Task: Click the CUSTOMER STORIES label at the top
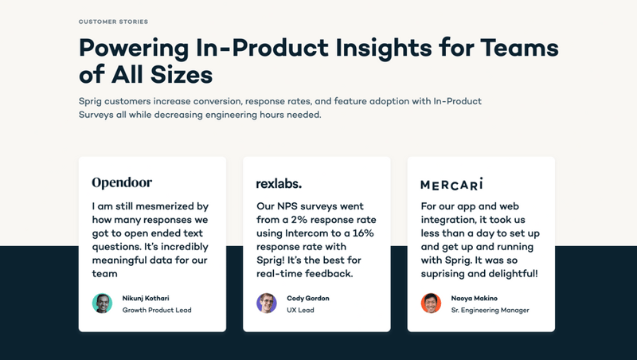click(x=113, y=22)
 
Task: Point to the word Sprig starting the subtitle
click(x=92, y=102)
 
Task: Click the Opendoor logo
click(x=122, y=183)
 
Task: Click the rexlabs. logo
click(x=279, y=183)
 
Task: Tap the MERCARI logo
click(x=451, y=184)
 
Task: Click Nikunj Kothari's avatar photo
click(x=103, y=303)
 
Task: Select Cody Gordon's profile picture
click(x=266, y=303)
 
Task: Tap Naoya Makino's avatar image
click(x=431, y=303)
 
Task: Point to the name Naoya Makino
click(x=475, y=298)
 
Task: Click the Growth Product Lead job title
click(x=157, y=310)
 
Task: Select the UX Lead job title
click(x=300, y=310)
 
